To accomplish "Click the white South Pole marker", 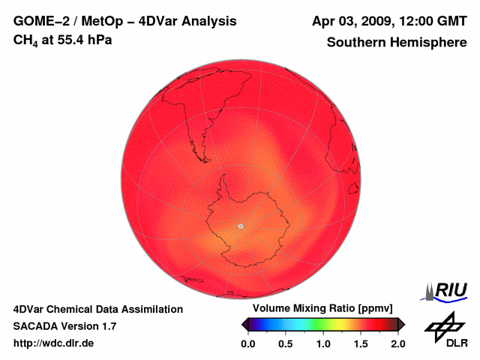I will point(240,225).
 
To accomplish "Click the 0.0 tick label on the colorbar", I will point(247,343).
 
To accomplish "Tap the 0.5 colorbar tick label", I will point(286,343).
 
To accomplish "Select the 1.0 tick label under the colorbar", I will point(323,343).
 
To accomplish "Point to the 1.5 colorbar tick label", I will point(361,343).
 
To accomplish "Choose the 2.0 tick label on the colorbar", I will point(397,343).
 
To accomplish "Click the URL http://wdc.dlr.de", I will point(54,343).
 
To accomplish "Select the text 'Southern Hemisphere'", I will point(397,43).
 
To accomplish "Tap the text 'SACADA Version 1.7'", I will point(64,326).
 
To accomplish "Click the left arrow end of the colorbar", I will point(244,324).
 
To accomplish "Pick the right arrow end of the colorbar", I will point(401,324).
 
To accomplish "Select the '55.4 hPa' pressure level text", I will point(85,39).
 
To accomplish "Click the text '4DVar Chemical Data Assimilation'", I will point(97,309).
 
